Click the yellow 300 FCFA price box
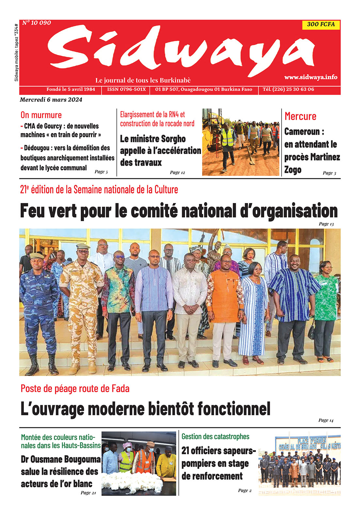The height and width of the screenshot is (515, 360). [x=321, y=24]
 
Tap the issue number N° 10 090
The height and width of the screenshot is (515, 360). [x=37, y=23]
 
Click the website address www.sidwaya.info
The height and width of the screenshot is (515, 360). [x=311, y=77]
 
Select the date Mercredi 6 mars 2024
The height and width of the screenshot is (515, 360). [x=51, y=100]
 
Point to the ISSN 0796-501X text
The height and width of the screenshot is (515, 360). [x=126, y=89]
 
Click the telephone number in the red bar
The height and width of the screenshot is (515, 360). [x=288, y=89]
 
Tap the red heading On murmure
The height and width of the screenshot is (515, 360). [x=41, y=115]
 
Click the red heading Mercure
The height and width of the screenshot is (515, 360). [x=300, y=116]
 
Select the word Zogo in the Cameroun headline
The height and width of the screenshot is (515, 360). [x=293, y=170]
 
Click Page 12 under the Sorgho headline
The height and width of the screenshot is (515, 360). [x=177, y=172]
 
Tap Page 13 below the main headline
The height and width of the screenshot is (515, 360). [x=326, y=224]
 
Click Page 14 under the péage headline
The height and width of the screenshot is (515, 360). [x=326, y=420]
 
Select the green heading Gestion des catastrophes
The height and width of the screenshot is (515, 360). [x=215, y=437]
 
